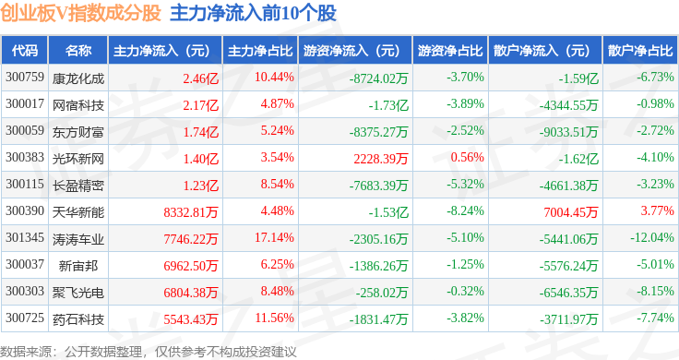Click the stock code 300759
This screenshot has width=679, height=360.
(25, 78)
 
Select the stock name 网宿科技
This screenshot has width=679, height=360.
(78, 105)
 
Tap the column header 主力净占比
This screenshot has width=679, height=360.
(260, 51)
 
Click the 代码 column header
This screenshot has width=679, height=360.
(25, 51)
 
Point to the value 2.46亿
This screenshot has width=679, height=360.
(200, 78)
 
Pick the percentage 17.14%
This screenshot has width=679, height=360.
(274, 237)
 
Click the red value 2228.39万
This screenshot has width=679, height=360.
(381, 159)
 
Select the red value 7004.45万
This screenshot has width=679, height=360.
(571, 212)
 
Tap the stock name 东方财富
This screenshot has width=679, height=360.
(78, 132)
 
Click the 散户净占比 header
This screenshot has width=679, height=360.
(640, 51)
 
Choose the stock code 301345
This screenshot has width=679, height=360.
(25, 237)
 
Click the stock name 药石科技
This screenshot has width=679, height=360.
(78, 319)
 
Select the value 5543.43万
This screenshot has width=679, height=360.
(191, 319)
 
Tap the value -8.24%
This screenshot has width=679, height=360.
(465, 210)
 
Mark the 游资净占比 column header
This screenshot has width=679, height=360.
(450, 51)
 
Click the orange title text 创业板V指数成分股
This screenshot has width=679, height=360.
(81, 13)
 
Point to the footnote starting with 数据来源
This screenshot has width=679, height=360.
(149, 352)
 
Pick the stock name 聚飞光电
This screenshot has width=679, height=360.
(78, 293)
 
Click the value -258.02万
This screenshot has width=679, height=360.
(382, 293)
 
